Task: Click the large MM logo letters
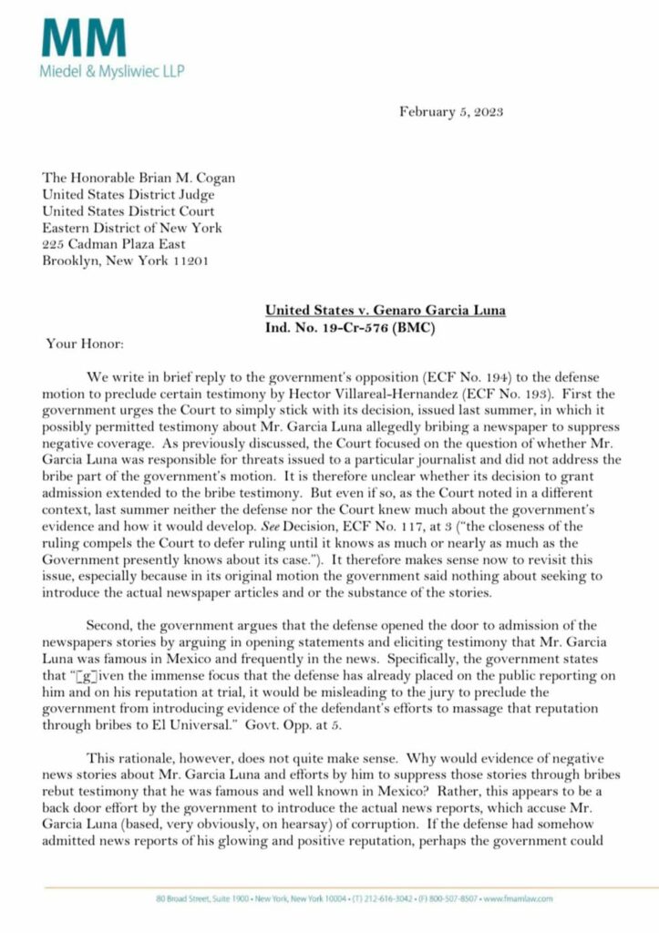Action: tap(83, 38)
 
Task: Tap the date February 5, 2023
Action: tap(451, 112)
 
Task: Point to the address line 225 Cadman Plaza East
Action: tap(115, 243)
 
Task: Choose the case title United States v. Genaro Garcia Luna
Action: tap(385, 311)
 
